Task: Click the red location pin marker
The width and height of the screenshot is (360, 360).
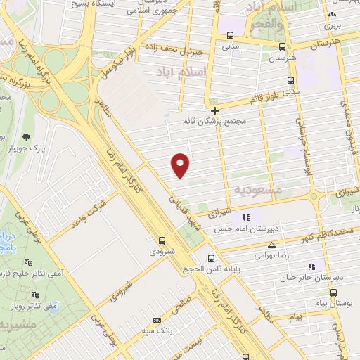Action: coord(181,165)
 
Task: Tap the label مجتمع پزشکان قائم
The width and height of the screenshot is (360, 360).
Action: coord(214,122)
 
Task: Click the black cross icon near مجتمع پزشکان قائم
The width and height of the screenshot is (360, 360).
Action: coord(215,110)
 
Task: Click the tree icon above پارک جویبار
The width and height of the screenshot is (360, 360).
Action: coord(27,137)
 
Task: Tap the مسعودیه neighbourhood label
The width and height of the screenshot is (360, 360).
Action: coord(258,190)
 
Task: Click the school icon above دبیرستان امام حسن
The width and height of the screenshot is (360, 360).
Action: coord(246,217)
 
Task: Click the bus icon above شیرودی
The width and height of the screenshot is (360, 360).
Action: coord(163,239)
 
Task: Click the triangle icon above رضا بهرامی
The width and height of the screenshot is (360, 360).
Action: coord(271,245)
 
